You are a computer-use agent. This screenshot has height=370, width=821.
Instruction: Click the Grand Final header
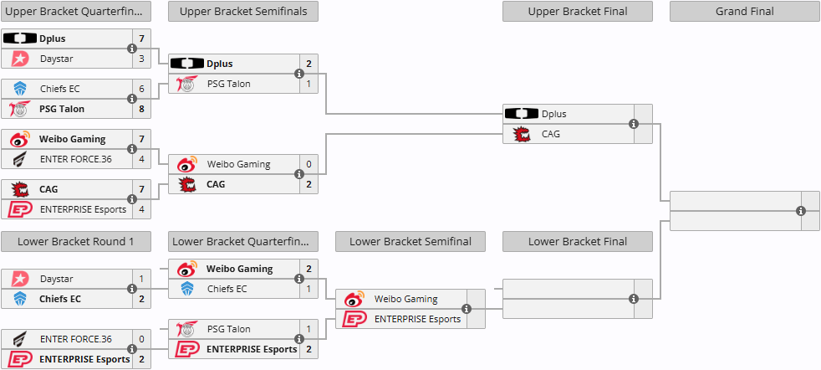744,12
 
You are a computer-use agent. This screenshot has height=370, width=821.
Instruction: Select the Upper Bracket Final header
577,12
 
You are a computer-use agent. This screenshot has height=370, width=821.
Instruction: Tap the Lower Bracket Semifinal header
410,242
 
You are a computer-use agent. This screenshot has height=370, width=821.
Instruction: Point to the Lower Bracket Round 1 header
75,242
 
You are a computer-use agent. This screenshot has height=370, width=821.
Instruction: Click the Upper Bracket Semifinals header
242,12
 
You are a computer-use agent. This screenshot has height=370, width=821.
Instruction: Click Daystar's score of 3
141,59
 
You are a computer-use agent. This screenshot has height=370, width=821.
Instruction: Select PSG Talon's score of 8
141,109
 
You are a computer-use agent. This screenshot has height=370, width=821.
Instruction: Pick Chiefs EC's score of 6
141,89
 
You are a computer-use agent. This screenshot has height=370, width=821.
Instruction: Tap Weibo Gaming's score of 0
309,164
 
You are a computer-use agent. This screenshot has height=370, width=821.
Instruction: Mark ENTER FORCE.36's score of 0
141,339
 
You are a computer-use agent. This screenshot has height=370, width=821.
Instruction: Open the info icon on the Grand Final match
801,210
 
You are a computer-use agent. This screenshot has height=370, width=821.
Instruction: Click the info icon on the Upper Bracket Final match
634,124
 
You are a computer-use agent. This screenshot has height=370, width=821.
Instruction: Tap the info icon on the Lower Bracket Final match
634,299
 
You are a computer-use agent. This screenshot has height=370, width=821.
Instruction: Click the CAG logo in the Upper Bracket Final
523,134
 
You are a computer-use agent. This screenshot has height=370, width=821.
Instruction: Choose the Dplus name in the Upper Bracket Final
553,114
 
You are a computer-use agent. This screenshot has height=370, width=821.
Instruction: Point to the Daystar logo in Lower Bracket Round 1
20,279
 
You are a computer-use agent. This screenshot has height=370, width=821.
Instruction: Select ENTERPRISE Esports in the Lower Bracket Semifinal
417,319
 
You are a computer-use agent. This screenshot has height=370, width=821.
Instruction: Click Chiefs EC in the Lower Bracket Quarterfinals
227,289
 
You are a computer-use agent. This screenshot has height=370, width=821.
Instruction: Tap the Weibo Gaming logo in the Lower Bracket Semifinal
355,299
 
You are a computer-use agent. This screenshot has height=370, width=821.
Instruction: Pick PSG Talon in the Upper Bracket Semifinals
228,84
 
